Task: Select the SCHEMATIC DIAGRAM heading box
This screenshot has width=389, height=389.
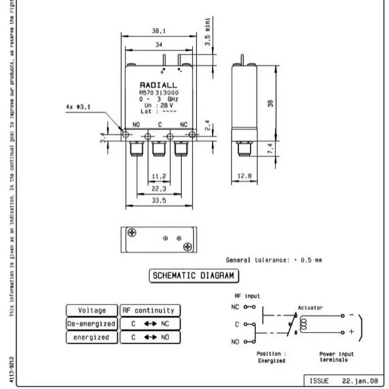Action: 194,275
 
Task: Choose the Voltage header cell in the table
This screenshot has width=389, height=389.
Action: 92,310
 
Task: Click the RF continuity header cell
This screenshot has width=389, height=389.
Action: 150,310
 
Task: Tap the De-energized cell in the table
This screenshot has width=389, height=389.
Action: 92,324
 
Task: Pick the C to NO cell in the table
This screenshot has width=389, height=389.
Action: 150,337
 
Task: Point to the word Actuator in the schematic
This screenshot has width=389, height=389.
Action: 310,308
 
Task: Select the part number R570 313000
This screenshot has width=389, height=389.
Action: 159,92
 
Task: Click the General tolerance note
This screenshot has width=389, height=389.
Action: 274,260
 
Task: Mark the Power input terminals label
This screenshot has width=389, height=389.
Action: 336,357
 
